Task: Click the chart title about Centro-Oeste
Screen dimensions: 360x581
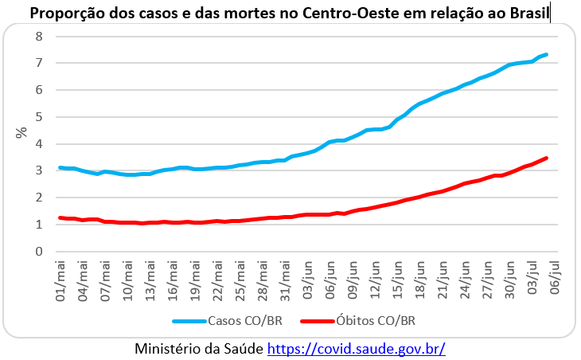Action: coord(290,14)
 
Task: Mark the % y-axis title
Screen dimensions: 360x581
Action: coord(21,131)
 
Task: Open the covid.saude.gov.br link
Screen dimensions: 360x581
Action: coord(356,348)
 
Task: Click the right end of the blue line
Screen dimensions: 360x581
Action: coord(547,54)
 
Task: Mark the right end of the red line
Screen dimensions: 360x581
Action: coord(547,158)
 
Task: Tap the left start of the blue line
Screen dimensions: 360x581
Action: coord(60,167)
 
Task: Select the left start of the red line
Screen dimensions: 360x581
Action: coord(60,217)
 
